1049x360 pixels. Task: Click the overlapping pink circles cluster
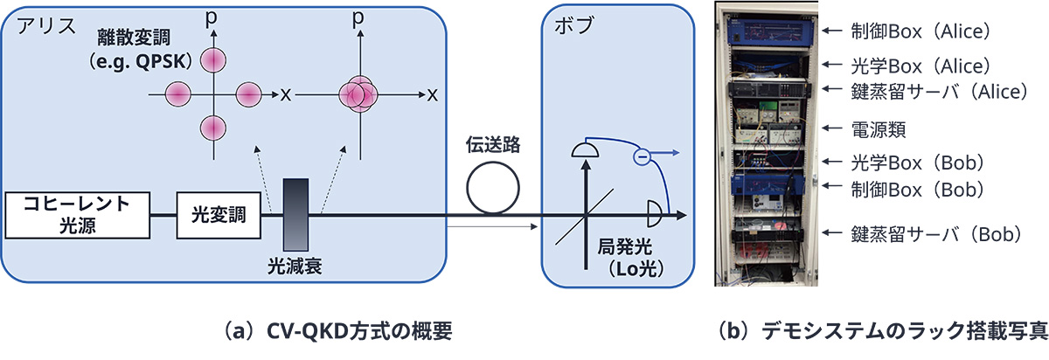pyautogui.click(x=356, y=92)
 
